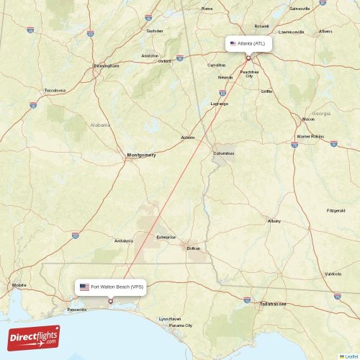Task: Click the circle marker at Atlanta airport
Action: coord(248,58)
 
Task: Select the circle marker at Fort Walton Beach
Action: coord(110,301)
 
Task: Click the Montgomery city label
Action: coord(141,155)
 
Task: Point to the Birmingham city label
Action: coord(106,66)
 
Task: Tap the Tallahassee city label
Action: coord(272,305)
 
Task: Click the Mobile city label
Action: coord(19,286)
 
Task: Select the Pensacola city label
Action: coord(76,310)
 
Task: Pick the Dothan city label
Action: coord(193,248)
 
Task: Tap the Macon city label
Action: coord(308,119)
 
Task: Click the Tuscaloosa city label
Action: coord(55,90)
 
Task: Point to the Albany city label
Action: coord(274,220)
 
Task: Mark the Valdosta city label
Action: coord(333,274)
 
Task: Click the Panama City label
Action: coord(181,325)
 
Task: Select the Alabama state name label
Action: coord(100,125)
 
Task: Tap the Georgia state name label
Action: coord(320,114)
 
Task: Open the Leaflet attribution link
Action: coord(351,356)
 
